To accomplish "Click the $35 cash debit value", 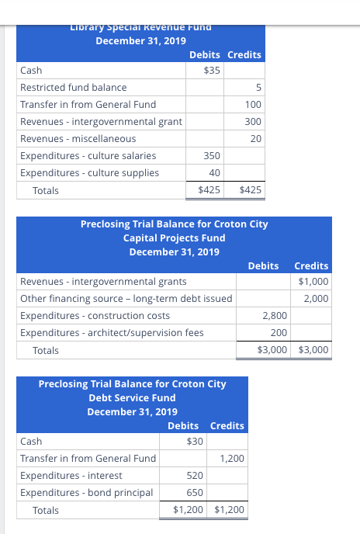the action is coord(212,71).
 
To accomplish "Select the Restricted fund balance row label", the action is coord(73,88).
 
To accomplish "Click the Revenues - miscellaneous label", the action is coord(78,139).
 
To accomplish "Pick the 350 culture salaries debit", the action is coord(212,156).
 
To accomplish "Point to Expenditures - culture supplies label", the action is coord(89,173).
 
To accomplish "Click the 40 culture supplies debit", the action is coord(214,173).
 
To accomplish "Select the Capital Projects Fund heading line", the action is coord(174,238).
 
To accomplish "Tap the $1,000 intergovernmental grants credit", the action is coord(313,282).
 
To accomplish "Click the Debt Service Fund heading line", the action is coord(131,397).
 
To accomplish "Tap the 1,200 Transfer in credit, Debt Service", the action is coord(232,459).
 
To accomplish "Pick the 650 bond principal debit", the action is coord(196,493).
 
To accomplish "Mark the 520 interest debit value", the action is coord(196,476).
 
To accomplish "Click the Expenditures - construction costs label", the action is coord(95,316).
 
